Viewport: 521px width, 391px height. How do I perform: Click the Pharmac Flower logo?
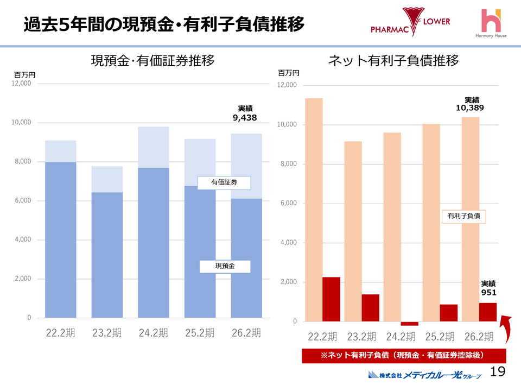410,22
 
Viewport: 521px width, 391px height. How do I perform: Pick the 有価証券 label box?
224,183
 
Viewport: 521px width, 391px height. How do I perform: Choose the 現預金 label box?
225,266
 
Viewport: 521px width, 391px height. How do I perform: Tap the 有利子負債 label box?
463,216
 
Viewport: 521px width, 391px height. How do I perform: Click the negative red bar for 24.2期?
410,324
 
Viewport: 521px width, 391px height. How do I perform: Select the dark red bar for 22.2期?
331,299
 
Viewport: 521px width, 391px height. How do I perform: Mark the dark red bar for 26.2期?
488,312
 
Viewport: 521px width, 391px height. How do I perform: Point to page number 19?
497,371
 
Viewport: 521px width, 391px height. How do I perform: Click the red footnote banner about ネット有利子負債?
403,356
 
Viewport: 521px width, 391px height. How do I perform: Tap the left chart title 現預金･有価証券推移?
152,61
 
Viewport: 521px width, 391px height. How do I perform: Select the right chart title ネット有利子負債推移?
393,61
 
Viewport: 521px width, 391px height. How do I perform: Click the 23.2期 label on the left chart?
107,333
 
